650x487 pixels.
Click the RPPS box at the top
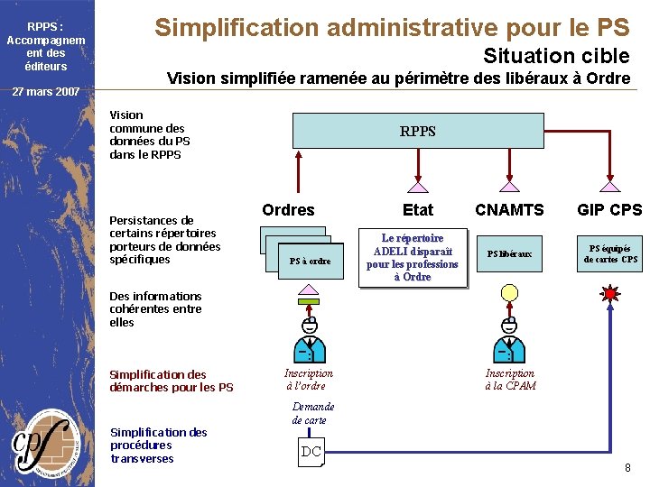point(418,131)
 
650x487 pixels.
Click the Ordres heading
point(288,210)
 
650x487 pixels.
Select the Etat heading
point(418,210)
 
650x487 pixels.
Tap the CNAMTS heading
point(510,210)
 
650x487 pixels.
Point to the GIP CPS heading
point(610,210)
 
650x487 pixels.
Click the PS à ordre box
point(310,261)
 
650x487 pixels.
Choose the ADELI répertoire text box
point(413,258)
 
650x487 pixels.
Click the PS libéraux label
point(510,254)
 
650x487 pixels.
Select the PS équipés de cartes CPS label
point(610,254)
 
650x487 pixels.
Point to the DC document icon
point(311,452)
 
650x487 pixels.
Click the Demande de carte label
point(312,413)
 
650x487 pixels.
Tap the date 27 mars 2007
point(46,91)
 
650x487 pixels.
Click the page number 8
point(627,467)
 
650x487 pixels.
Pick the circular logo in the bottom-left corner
point(46,442)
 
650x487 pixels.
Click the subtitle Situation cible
point(556,56)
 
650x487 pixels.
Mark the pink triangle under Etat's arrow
point(418,188)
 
